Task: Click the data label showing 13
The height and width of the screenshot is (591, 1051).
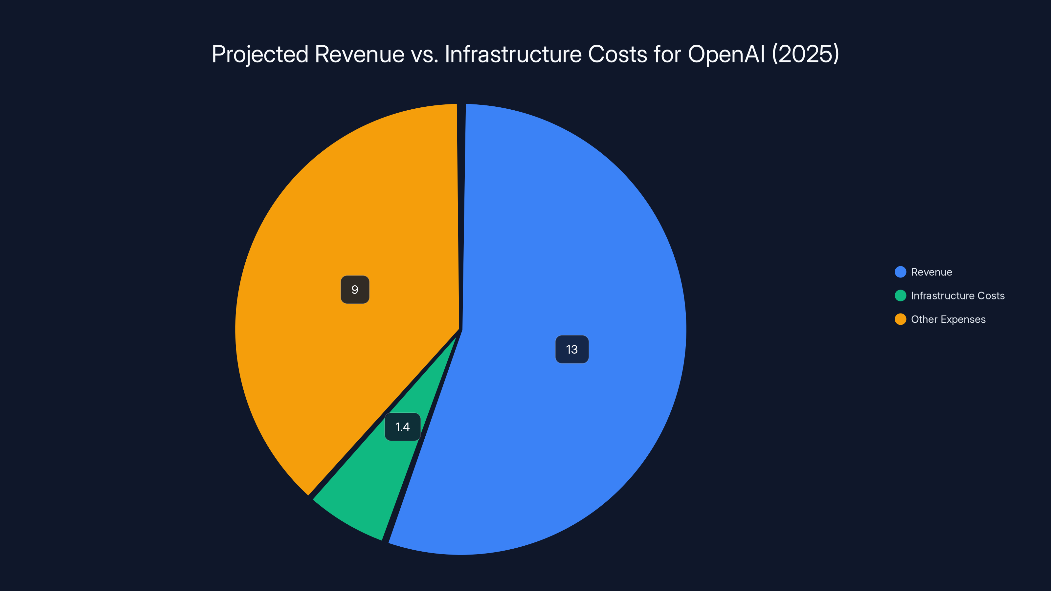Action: pos(571,350)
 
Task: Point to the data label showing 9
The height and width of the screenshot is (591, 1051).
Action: pos(355,290)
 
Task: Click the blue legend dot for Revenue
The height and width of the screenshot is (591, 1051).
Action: pos(900,272)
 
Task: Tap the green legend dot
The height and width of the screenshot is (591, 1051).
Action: pos(900,296)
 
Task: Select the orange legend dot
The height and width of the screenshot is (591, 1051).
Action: pos(900,319)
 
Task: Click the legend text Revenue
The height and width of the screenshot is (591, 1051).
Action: pos(931,272)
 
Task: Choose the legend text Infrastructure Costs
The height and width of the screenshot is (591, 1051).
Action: pos(958,296)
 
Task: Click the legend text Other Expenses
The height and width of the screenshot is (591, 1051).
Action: pos(948,319)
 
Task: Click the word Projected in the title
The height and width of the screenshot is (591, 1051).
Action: pos(260,54)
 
